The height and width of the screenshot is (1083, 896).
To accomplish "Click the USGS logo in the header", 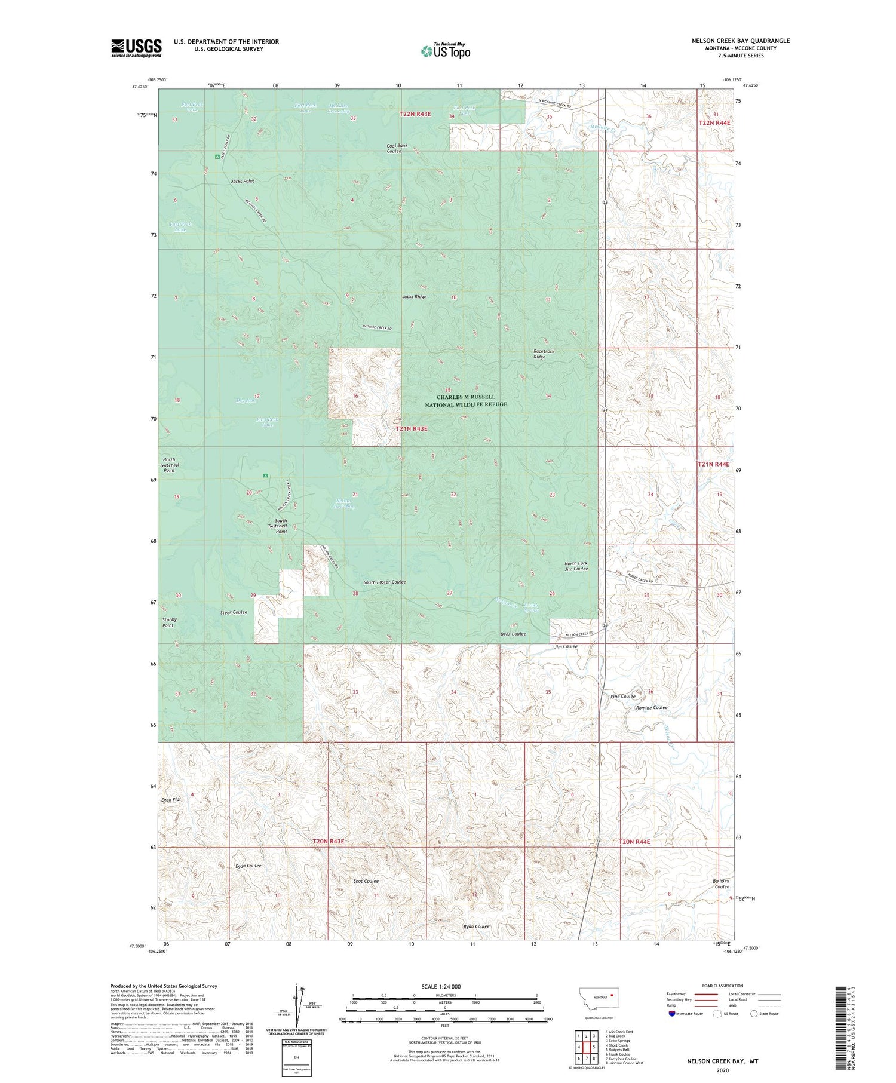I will pos(136,48).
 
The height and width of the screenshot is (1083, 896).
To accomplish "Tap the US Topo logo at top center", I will pos(445,51).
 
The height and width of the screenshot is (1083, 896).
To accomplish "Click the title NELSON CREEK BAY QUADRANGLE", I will pos(740,41).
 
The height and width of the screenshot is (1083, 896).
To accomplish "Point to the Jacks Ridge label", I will pos(414,296).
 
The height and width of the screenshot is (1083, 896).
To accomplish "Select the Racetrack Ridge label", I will pos(544,354).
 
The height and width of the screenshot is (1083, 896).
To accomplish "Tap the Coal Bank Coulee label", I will pos(397,148).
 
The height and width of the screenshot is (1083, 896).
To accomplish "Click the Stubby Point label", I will pos(168,622).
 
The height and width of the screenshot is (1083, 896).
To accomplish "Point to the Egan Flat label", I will pos(171,799).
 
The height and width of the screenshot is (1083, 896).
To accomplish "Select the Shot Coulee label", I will pos(366,881).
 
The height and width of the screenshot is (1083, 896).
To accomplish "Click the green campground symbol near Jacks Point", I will pos(217,157).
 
